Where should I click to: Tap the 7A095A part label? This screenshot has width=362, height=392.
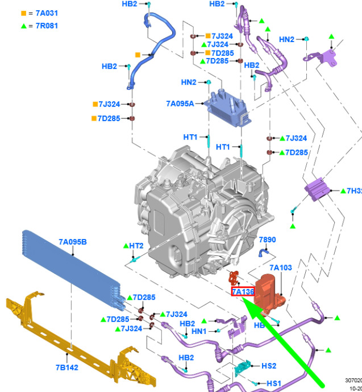[x=180, y=104]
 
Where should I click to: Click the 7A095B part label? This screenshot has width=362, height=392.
[x=73, y=242]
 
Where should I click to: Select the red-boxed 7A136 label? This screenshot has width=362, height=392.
[x=243, y=292]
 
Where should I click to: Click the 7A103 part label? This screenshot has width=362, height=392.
[x=281, y=267]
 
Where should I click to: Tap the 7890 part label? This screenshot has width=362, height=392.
[x=267, y=240]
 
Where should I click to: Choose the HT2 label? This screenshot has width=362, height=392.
[x=136, y=246]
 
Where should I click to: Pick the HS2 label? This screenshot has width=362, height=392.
[x=268, y=366]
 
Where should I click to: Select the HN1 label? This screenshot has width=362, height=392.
[x=199, y=331]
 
